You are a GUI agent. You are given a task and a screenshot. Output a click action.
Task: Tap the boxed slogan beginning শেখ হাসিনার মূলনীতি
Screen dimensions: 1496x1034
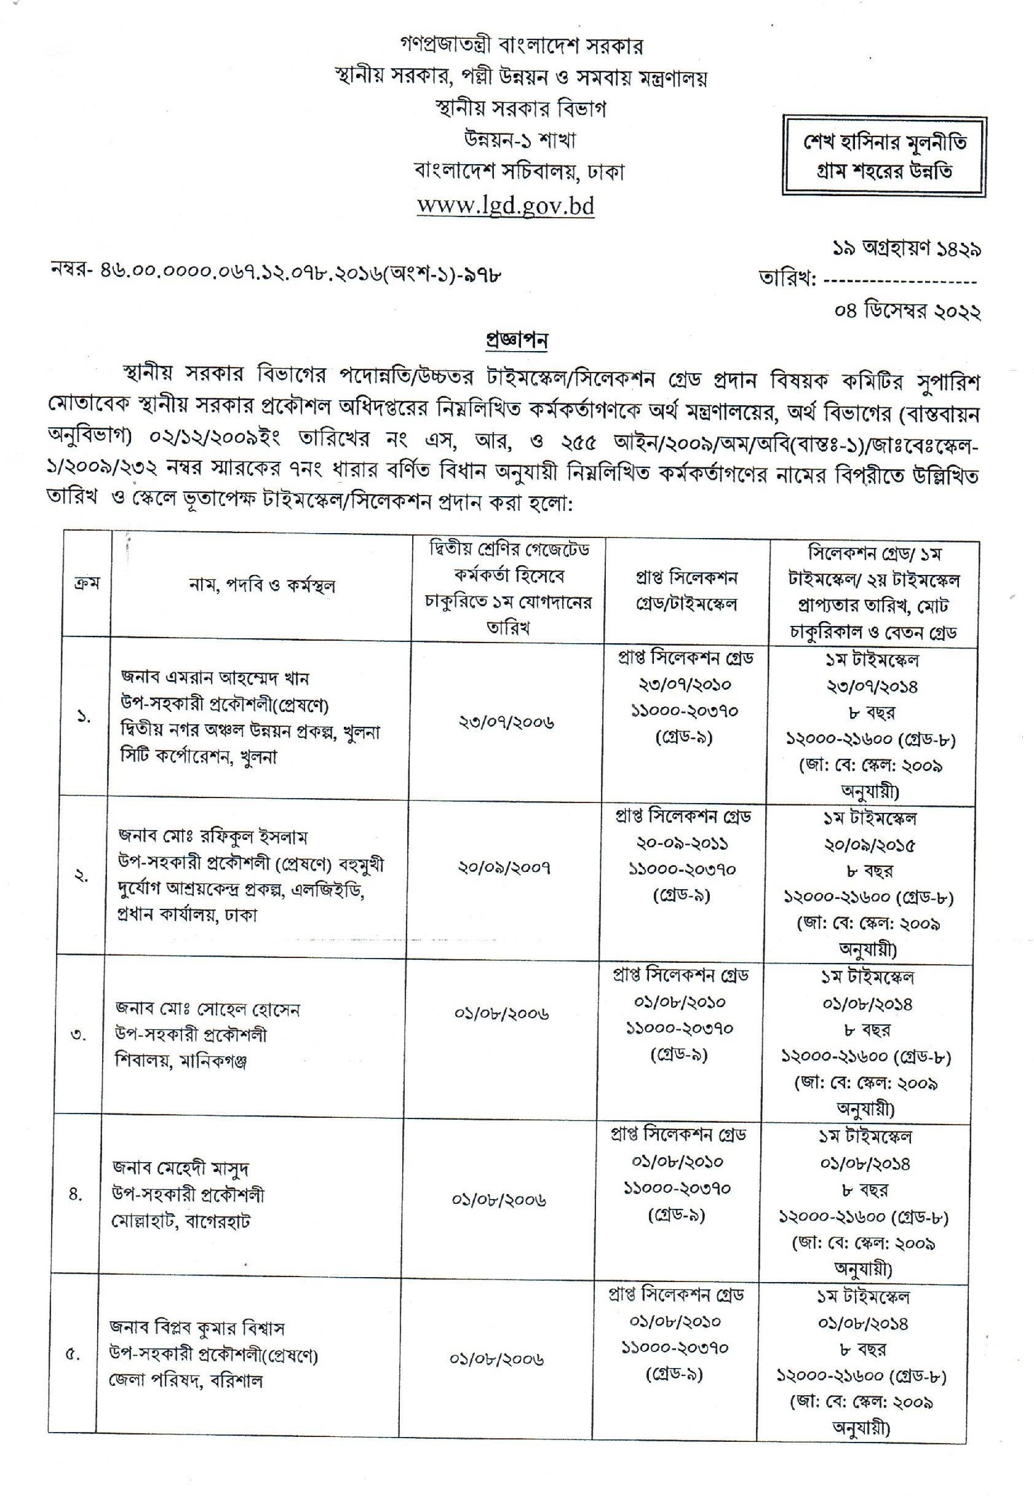pyautogui.click(x=885, y=156)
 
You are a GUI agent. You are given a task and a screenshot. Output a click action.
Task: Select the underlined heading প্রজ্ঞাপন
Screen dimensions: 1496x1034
pyautogui.click(x=517, y=340)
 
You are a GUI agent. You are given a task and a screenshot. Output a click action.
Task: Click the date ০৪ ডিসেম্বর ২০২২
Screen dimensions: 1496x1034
pyautogui.click(x=907, y=312)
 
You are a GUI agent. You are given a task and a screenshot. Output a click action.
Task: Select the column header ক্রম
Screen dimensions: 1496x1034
pyautogui.click(x=86, y=583)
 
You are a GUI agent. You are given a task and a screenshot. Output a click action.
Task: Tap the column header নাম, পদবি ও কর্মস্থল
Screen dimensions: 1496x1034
pyautogui.click(x=262, y=585)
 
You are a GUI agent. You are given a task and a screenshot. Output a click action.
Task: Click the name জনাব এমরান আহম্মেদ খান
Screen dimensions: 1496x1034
pyautogui.click(x=215, y=678)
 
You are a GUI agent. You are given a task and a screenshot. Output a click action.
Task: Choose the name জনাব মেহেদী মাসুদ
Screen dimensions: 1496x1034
pyautogui.click(x=181, y=1168)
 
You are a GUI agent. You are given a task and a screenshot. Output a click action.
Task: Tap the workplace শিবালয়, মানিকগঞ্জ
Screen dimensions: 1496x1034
pyautogui.click(x=181, y=1061)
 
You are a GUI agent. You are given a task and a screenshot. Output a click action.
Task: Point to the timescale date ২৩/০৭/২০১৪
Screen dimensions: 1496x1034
pyautogui.click(x=872, y=686)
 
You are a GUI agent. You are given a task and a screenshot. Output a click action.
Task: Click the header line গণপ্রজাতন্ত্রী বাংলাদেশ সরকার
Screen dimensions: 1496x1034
pyautogui.click(x=522, y=46)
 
